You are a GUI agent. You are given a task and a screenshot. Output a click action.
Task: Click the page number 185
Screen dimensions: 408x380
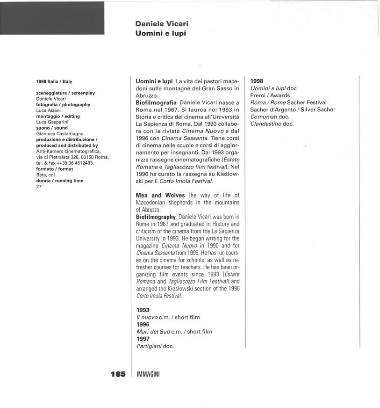118,374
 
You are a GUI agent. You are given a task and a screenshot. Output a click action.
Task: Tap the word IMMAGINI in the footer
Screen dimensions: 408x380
148,375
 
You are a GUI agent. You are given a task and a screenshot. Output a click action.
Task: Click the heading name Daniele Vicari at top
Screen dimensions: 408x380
162,24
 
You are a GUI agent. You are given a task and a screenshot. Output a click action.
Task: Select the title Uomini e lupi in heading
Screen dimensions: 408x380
160,33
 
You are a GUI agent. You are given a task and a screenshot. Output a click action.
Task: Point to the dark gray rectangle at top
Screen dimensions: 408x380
52,18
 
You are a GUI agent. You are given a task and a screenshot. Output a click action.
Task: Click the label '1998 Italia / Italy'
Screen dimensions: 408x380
54,81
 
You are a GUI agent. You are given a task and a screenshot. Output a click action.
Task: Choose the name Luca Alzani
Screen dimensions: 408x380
48,110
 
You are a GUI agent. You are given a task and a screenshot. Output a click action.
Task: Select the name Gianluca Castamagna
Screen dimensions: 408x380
59,133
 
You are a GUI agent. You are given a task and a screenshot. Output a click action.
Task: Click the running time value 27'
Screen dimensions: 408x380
39,186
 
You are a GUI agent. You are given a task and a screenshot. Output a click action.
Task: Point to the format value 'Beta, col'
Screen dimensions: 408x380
45,175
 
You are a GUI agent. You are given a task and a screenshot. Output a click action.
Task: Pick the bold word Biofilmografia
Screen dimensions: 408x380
156,102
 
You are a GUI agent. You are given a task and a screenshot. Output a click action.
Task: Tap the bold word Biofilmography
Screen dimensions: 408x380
156,217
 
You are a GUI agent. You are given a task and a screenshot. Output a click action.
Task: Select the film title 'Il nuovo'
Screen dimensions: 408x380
147,317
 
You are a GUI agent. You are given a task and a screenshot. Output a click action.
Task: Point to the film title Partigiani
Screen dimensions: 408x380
149,346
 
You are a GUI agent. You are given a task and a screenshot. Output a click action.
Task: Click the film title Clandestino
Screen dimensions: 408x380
265,124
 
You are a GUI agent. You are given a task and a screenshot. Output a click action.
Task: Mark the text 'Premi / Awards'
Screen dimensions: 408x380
270,95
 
